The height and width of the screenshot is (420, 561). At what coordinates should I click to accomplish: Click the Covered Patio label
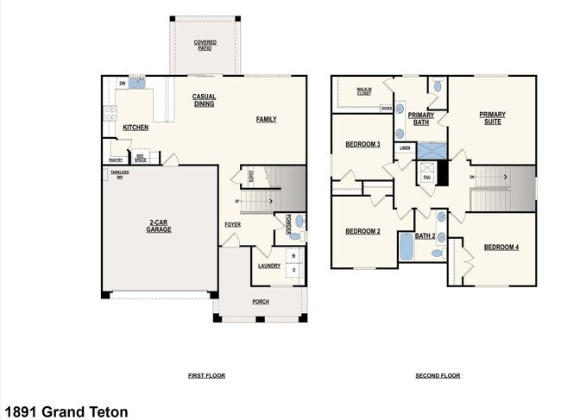click(205, 45)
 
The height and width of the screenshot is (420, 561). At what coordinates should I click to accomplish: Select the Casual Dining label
click(204, 100)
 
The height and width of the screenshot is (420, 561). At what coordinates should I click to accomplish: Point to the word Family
click(266, 119)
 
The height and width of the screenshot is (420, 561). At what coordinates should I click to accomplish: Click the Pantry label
click(115, 160)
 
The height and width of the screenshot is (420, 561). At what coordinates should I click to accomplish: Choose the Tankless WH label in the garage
click(118, 174)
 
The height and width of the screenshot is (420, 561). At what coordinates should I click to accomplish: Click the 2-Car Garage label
click(158, 227)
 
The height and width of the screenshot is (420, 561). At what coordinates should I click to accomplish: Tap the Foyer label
click(232, 224)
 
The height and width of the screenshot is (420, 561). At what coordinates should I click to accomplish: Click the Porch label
click(260, 302)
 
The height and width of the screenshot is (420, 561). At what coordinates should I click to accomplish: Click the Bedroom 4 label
click(501, 248)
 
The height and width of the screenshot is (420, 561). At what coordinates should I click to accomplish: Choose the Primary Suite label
click(492, 118)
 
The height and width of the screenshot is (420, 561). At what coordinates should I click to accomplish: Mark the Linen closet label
click(405, 147)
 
